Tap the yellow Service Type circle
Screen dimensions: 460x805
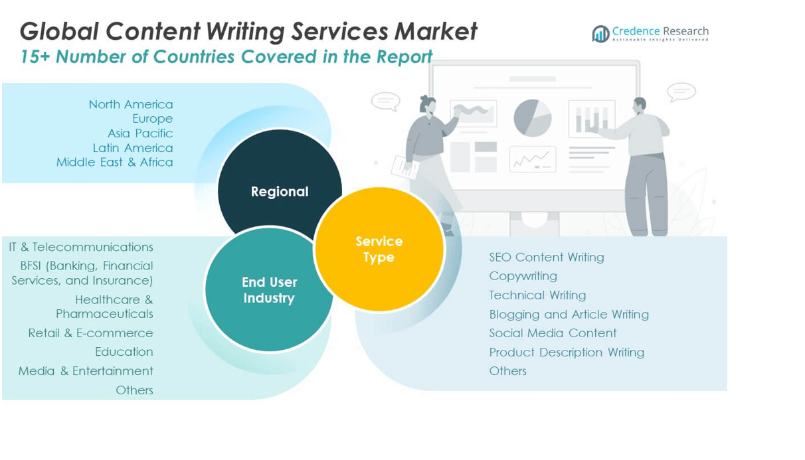(x=379, y=249)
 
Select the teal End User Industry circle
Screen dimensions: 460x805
(x=269, y=290)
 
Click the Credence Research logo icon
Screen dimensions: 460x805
(x=600, y=33)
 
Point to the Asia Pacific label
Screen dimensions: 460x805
(x=140, y=133)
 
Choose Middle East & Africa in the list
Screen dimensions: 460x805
(x=114, y=162)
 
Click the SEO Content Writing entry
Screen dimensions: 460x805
(x=547, y=257)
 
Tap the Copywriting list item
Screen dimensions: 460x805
(x=523, y=275)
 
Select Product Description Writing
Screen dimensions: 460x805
(x=567, y=352)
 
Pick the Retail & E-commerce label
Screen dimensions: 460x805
(x=90, y=333)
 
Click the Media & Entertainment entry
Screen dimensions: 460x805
(x=86, y=370)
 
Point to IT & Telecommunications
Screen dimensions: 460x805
(x=81, y=247)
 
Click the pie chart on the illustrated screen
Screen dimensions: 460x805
(x=533, y=118)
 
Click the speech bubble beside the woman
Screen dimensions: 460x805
(x=385, y=101)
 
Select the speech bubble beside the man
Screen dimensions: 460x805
(x=681, y=92)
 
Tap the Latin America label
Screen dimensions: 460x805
(x=133, y=148)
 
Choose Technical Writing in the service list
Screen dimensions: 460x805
(x=537, y=295)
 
